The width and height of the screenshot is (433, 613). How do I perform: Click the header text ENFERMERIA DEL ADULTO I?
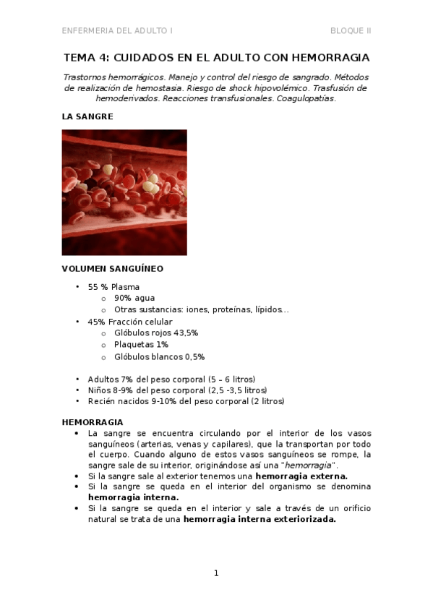pos(117,30)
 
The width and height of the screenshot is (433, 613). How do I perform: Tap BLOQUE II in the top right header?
pos(351,30)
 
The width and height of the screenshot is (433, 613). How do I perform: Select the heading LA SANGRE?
pos(87,116)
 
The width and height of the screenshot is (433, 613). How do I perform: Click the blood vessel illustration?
pos(124,192)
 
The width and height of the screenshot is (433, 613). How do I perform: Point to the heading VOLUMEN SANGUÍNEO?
pos(112,268)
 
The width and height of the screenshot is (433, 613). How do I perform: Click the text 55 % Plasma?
pos(113,286)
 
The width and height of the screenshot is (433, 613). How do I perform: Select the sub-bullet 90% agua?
pos(134,298)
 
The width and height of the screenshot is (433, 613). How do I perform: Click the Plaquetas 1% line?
pos(141,345)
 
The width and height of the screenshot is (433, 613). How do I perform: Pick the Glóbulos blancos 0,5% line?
pos(159,356)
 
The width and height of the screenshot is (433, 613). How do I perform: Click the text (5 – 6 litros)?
pos(231,379)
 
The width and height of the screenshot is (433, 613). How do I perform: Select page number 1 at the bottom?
pos(216,573)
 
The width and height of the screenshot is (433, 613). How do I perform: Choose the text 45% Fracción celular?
pos(130,322)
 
